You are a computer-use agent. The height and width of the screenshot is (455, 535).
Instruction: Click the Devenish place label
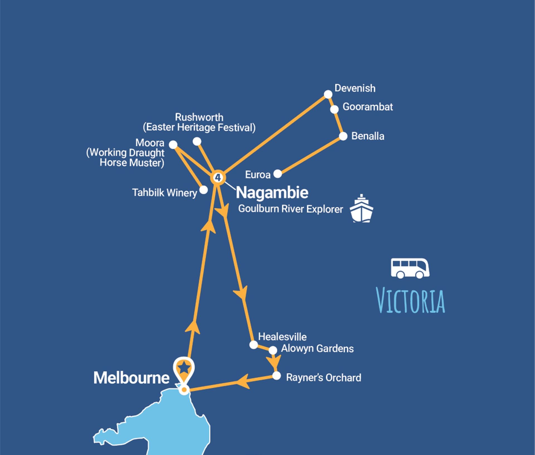[x=355, y=88]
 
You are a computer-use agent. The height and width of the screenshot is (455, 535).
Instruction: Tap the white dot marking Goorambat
[x=334, y=109]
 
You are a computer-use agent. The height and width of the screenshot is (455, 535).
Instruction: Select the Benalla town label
[x=368, y=136]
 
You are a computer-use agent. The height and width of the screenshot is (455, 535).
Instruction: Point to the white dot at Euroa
[x=278, y=174]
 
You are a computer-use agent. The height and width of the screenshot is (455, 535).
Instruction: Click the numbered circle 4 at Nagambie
[x=218, y=177]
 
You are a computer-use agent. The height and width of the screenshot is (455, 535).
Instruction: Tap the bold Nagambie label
[x=272, y=193]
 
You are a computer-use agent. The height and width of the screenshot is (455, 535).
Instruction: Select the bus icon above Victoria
[x=410, y=268]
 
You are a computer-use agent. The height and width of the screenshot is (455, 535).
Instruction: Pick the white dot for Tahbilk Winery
[x=204, y=190]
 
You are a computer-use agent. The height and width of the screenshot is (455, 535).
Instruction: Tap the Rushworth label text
[x=199, y=117]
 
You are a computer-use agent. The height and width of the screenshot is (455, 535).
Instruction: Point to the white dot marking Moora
[x=173, y=145]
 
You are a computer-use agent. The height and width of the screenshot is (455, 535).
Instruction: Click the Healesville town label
[x=282, y=337]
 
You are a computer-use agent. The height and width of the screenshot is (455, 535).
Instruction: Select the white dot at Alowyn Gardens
[x=273, y=350]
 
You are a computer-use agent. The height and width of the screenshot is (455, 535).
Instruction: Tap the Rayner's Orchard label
[x=324, y=377]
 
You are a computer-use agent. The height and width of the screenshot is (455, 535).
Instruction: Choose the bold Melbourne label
[x=131, y=378]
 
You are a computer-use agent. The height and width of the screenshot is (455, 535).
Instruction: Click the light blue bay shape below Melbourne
[x=173, y=424]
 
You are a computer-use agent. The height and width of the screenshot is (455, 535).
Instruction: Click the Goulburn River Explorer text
[x=290, y=209]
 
